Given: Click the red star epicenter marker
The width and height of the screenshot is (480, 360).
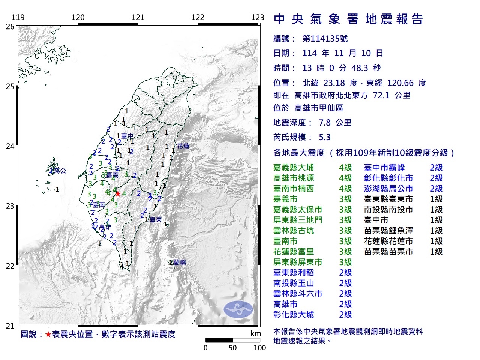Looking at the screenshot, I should pyautogui.click(x=118, y=194).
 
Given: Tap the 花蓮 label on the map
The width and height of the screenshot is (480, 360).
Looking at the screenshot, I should pyautogui.click(x=183, y=146).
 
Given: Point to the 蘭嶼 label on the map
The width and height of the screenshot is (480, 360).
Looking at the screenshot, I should pyautogui.click(x=179, y=262).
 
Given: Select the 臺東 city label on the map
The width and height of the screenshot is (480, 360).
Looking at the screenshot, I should pyautogui.click(x=156, y=220).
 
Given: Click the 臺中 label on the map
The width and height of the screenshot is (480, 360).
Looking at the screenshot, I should pyautogui.click(x=127, y=136).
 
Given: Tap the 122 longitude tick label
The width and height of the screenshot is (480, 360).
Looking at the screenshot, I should pyautogui.click(x=198, y=17).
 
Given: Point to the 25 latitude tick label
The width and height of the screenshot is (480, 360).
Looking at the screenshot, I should pyautogui.click(x=10, y=87).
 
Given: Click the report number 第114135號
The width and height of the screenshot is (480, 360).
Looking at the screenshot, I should pyautogui.click(x=325, y=39).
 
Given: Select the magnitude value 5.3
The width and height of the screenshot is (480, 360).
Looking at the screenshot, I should pyautogui.click(x=325, y=137).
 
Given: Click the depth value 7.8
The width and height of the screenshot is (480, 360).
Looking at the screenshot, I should pyautogui.click(x=325, y=123).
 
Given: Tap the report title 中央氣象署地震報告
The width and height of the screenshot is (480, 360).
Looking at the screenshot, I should pyautogui.click(x=348, y=19).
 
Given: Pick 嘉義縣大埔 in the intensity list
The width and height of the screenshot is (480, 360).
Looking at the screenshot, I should pyautogui.click(x=294, y=168).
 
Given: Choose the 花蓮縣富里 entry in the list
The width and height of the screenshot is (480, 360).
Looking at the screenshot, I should pyautogui.click(x=294, y=252).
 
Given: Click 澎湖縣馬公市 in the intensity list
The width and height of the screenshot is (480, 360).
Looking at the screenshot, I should pyautogui.click(x=388, y=189).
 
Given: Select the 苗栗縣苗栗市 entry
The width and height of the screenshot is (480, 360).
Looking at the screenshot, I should pyautogui.click(x=388, y=252).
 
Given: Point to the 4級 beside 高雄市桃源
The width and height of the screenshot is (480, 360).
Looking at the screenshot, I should pyautogui.click(x=345, y=178).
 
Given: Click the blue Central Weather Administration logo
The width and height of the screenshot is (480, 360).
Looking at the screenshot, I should pyautogui.click(x=238, y=309).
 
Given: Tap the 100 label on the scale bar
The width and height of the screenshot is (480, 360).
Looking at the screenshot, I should pyautogui.click(x=259, y=348).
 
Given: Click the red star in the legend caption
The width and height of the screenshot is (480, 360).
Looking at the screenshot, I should pyautogui.click(x=48, y=334).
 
